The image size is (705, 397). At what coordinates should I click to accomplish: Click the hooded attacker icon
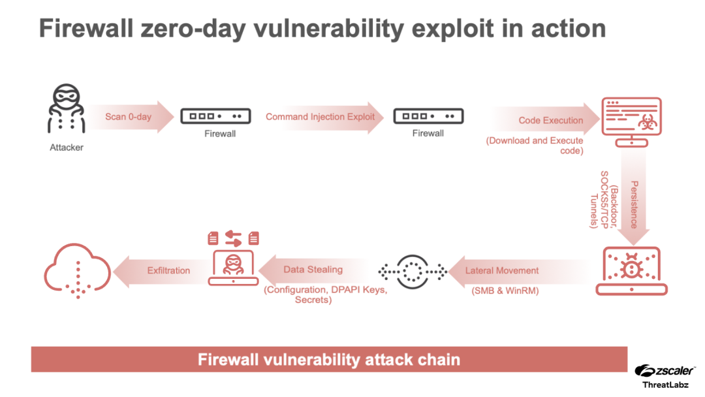click(67, 108)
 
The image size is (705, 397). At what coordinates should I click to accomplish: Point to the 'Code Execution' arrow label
click(550, 120)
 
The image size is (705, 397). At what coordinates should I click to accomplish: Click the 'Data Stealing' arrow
click(313, 270)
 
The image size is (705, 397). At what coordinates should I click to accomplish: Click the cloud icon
click(77, 269)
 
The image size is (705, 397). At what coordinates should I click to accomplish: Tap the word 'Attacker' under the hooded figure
click(67, 148)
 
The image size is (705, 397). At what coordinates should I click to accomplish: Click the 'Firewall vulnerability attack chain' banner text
click(329, 359)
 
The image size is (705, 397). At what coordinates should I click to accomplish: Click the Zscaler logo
click(663, 370)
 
